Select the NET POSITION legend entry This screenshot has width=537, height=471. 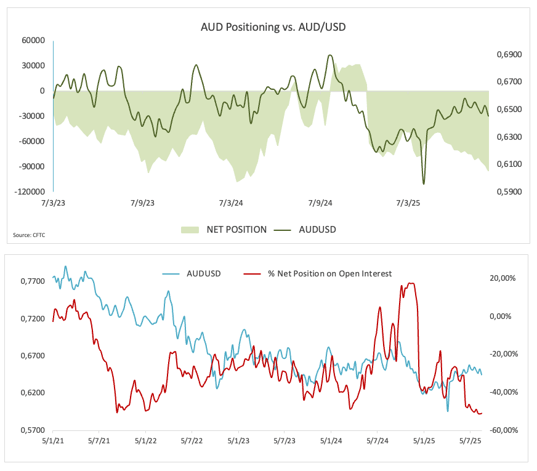[224, 230]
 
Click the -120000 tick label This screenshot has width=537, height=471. [30, 191]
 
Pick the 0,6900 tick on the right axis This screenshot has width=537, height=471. [508, 55]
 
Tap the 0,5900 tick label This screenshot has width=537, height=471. [508, 191]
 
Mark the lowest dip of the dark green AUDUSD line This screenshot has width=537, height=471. [424, 183]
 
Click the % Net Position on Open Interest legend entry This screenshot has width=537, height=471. [321, 273]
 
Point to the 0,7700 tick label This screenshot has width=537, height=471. [32, 281]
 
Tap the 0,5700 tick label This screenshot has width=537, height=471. [32, 430]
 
